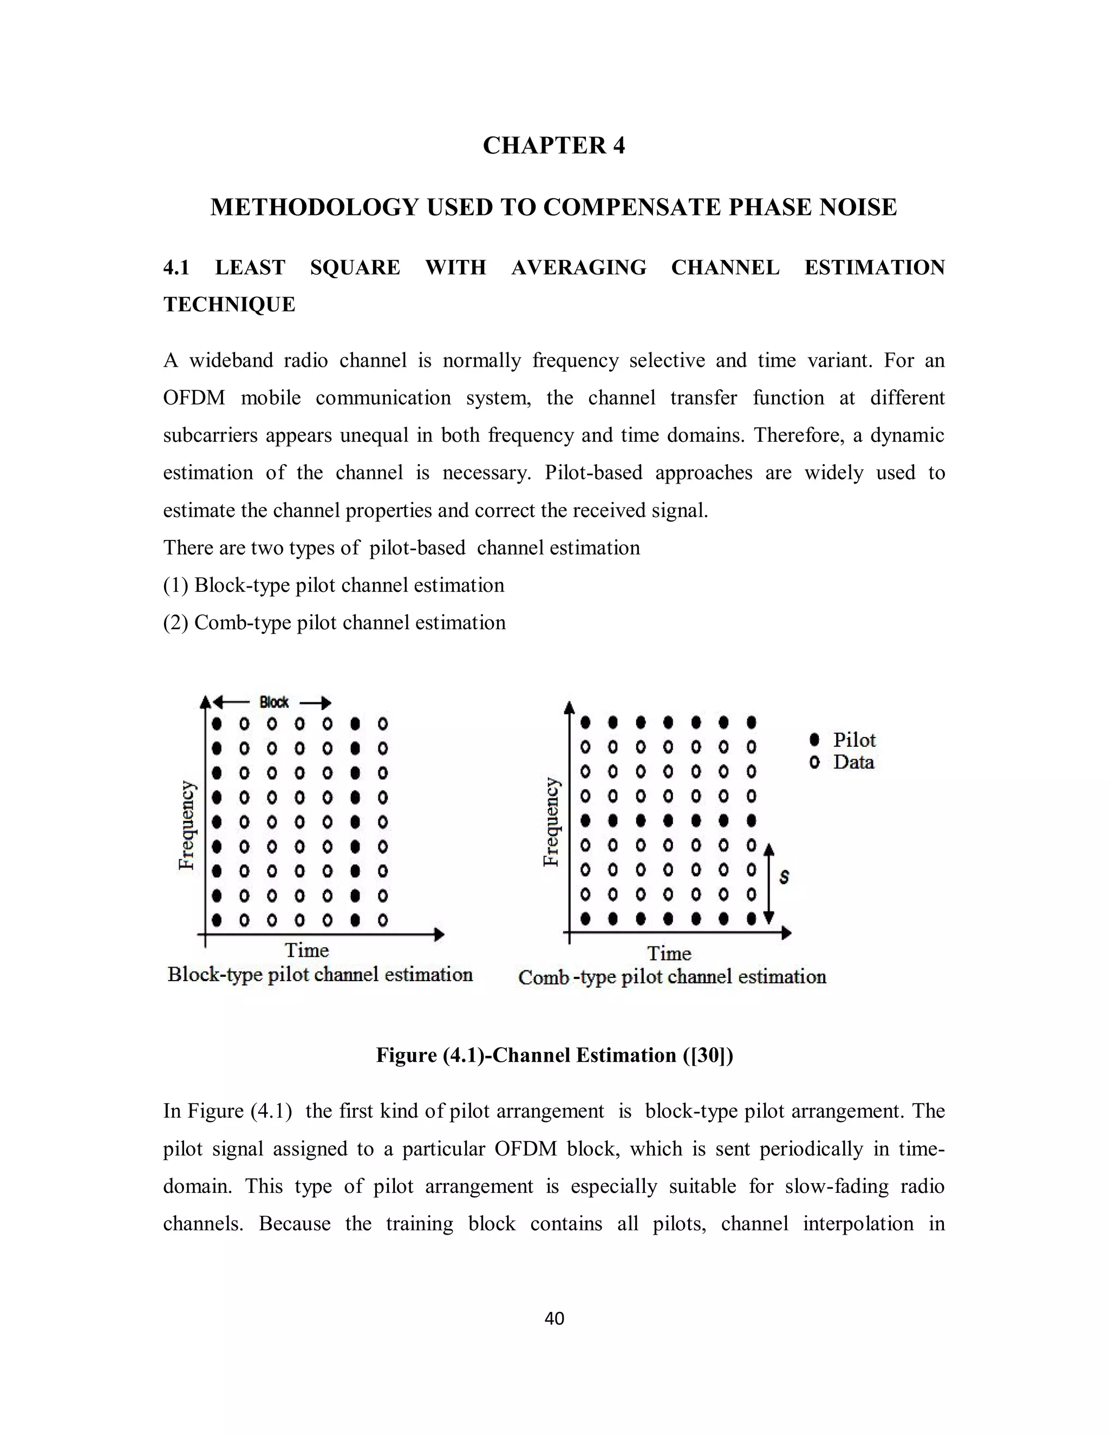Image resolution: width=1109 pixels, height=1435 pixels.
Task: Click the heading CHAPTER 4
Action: tap(554, 145)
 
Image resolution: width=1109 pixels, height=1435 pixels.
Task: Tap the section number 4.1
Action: tap(176, 268)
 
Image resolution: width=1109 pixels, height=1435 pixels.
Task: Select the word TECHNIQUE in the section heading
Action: tap(229, 305)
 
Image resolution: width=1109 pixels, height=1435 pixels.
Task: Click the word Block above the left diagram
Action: tap(274, 702)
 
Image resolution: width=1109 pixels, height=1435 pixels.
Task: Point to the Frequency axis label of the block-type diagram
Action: tap(187, 825)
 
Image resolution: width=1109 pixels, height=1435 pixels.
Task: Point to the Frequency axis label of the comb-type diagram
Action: tap(552, 822)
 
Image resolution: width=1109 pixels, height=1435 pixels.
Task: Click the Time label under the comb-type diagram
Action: tap(669, 954)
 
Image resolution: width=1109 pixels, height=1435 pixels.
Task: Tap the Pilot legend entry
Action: tap(853, 740)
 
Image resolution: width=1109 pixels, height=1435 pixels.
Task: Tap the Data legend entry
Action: tap(853, 762)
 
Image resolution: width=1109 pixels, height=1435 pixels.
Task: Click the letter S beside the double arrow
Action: tap(784, 877)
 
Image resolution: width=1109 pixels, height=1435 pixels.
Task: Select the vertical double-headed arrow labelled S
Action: tap(769, 883)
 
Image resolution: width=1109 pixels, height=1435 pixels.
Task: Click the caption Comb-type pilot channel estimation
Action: tap(671, 977)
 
